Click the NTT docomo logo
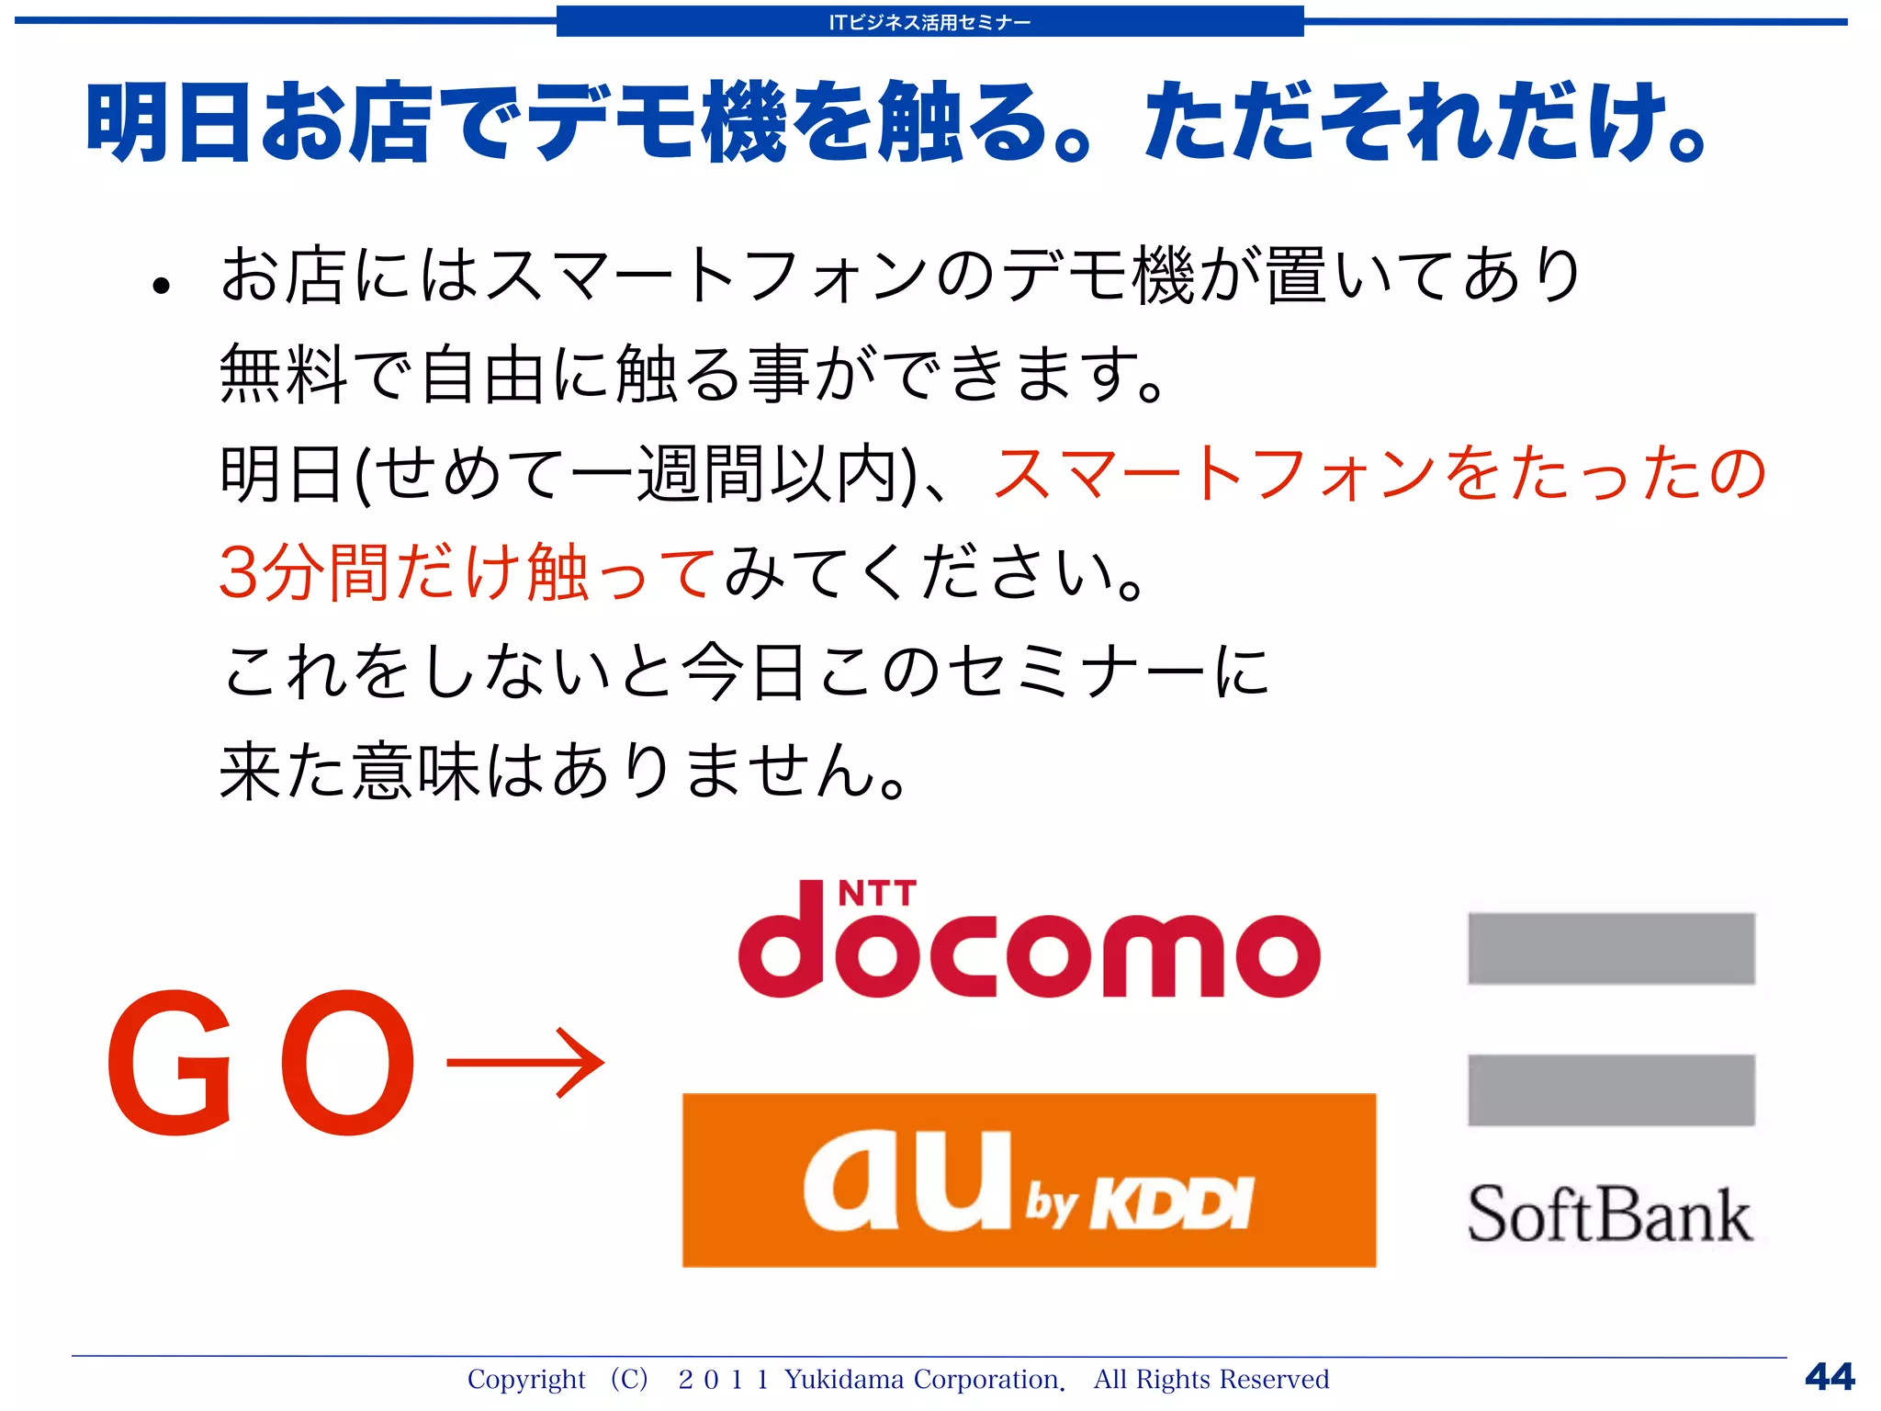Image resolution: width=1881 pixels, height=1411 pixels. coord(1029,946)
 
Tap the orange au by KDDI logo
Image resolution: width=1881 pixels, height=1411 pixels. coord(1029,1180)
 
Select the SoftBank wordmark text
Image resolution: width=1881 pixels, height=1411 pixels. coord(1609,1214)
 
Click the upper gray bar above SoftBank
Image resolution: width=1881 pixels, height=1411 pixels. coord(1611,948)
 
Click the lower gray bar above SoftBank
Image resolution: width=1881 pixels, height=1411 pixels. coord(1611,1090)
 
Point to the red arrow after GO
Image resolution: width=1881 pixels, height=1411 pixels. coord(525,1063)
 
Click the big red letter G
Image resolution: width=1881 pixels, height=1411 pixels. coord(171,1063)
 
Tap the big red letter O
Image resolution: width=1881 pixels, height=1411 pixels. coord(346,1063)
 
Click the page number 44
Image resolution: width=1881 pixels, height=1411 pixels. coord(1830,1376)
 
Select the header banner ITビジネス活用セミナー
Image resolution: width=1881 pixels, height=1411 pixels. coord(929,22)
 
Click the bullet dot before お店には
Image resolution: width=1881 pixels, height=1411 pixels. coord(162,286)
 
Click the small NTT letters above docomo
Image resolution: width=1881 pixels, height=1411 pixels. coord(877,893)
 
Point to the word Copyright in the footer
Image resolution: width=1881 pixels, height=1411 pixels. coord(525,1379)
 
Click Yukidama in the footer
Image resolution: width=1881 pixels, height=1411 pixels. coord(843,1379)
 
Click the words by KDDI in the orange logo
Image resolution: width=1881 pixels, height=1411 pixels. coord(1140,1202)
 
